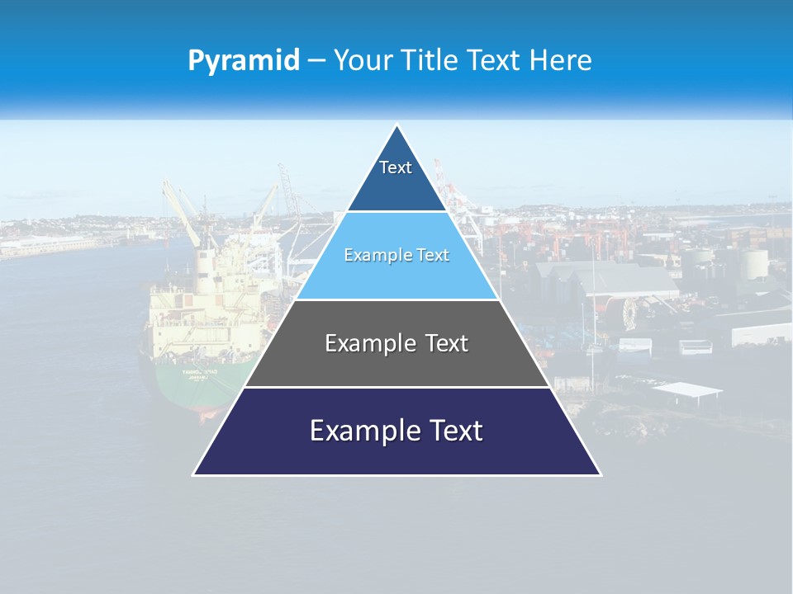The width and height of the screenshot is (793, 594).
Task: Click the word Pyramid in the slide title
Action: (x=244, y=60)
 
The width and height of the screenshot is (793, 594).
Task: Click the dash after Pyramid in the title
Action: (x=316, y=61)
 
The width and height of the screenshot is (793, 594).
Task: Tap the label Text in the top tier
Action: (x=396, y=167)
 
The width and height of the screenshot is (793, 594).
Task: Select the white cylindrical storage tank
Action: (x=753, y=265)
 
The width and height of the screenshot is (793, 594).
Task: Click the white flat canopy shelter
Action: (x=686, y=389)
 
